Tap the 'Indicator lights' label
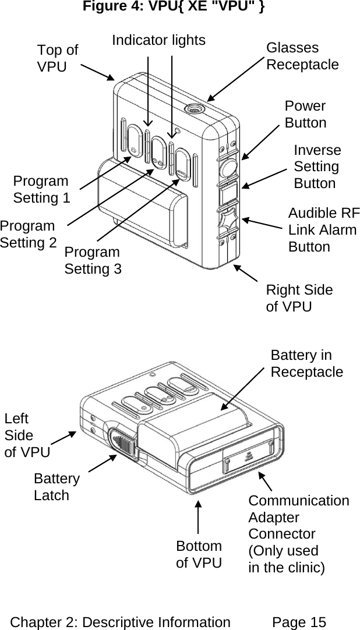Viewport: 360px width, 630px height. [158, 40]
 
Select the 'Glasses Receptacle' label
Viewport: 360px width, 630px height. [302, 56]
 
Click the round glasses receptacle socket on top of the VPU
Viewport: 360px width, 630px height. [193, 108]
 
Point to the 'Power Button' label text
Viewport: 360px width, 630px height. [305, 115]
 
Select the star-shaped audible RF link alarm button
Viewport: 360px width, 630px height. [227, 221]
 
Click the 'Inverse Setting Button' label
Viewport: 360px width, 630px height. [317, 167]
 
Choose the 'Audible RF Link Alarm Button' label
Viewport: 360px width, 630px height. [323, 229]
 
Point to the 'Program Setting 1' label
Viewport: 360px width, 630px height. [41, 189]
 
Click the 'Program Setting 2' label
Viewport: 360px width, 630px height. [28, 234]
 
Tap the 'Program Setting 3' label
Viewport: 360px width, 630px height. [93, 260]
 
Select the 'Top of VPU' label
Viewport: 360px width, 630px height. [57, 58]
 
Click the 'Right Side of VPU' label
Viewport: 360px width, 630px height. [299, 298]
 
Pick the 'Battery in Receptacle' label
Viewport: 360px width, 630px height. [306, 364]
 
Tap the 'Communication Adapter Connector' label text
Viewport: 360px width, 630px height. [298, 533]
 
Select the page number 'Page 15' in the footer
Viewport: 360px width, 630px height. [299, 622]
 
